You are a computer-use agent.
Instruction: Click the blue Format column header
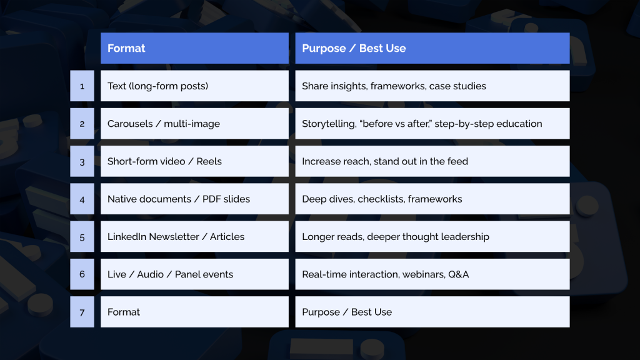click(x=194, y=48)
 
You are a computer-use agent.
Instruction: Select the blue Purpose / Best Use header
click(x=432, y=48)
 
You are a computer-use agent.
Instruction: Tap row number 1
click(x=82, y=86)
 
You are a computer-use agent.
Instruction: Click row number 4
click(x=82, y=199)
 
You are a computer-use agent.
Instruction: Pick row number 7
click(x=82, y=312)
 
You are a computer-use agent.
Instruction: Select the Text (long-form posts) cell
click(x=194, y=86)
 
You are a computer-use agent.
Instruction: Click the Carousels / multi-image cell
click(x=194, y=124)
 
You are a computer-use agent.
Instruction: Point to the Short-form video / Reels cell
click(x=194, y=161)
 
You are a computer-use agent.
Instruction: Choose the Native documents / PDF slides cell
click(x=194, y=199)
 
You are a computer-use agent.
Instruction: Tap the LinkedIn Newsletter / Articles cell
click(x=194, y=237)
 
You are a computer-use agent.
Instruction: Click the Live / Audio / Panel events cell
click(x=194, y=274)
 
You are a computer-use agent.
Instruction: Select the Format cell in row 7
click(x=194, y=312)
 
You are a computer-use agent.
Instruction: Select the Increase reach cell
click(x=432, y=161)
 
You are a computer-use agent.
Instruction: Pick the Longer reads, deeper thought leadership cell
click(x=432, y=237)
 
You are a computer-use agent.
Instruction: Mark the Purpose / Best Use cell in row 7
click(x=432, y=312)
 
